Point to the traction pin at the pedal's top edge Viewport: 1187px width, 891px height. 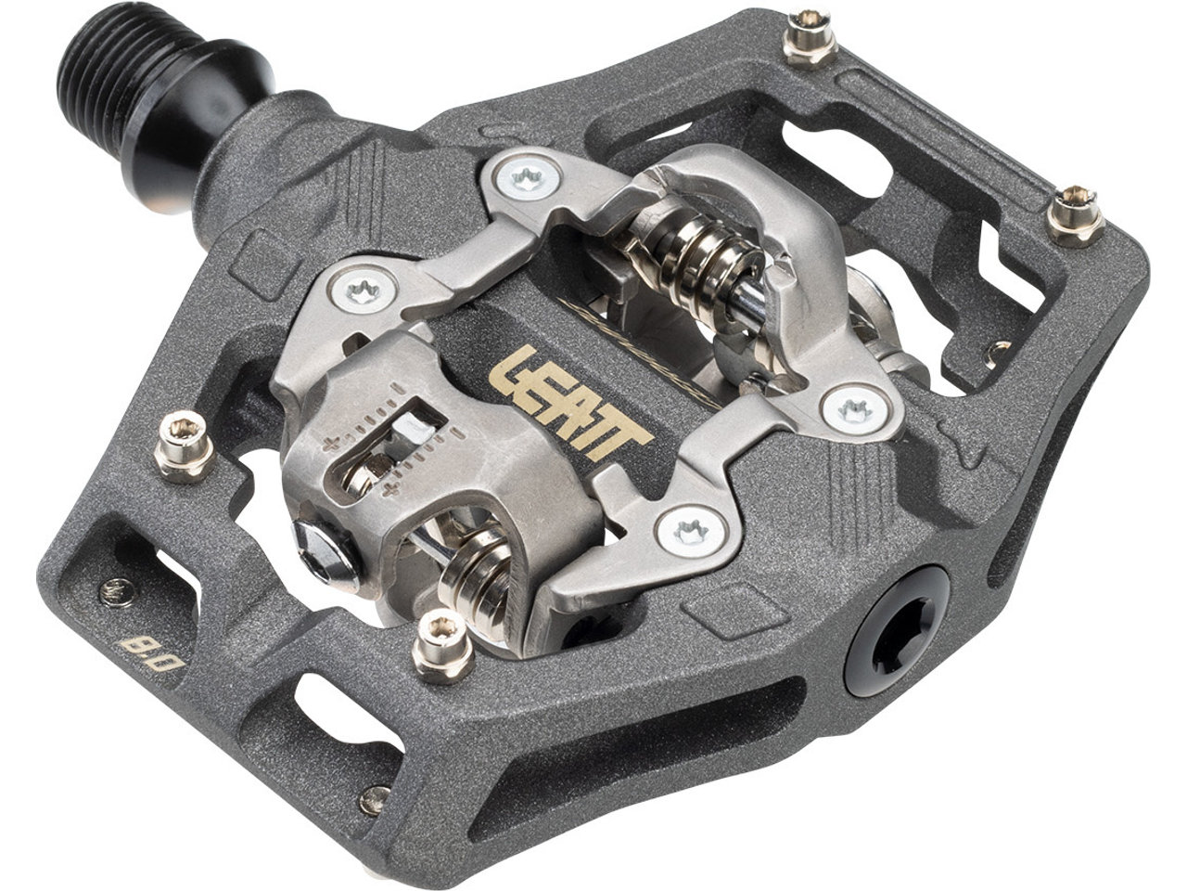(809, 41)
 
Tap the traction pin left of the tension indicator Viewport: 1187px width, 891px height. (185, 446)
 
